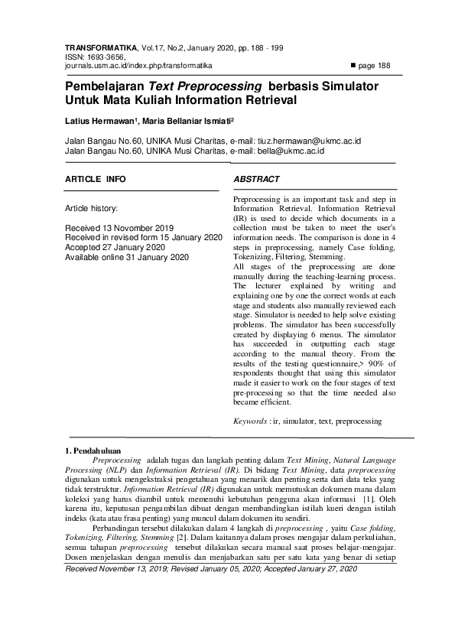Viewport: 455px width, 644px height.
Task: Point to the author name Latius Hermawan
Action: click(x=91, y=121)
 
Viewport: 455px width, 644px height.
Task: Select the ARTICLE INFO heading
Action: click(x=96, y=178)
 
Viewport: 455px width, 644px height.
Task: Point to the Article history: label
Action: click(x=91, y=207)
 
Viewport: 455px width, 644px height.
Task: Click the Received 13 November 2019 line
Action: click(x=119, y=229)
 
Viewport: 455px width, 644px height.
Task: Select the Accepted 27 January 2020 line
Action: click(x=115, y=248)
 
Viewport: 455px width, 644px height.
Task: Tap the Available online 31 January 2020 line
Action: click(x=127, y=258)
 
